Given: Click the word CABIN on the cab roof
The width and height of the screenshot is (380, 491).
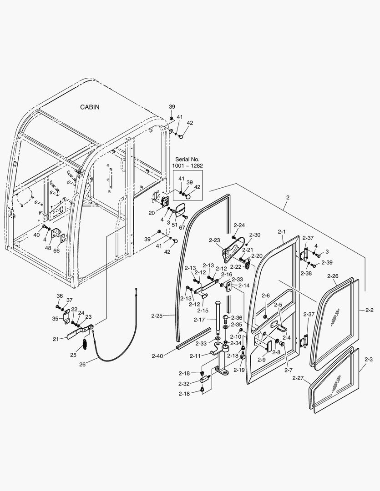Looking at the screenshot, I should click(90, 107).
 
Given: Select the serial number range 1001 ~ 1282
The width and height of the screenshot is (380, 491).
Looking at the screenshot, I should click(188, 166).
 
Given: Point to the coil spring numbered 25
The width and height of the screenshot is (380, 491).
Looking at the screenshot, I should click(85, 344).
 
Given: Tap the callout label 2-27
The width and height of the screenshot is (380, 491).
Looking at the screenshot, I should click(298, 378).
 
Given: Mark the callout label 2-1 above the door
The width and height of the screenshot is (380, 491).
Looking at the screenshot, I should click(282, 231).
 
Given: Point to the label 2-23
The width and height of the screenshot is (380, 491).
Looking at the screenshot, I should click(214, 240).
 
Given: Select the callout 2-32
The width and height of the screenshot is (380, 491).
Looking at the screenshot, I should click(184, 384).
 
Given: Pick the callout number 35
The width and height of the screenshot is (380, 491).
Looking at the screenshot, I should click(56, 319).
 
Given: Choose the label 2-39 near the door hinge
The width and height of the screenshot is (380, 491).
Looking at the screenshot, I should click(327, 262).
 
